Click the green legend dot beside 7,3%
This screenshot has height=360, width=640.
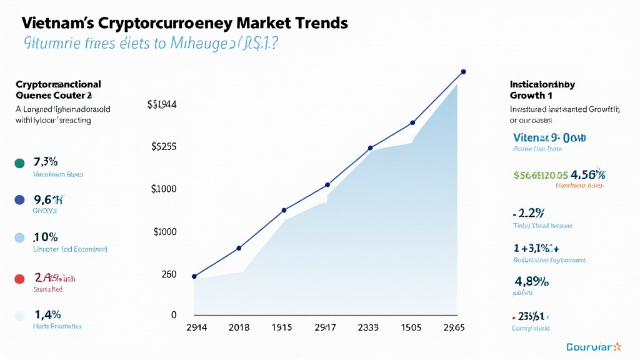pyautogui.click(x=19, y=163)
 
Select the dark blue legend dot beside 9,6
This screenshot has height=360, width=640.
pyautogui.click(x=19, y=200)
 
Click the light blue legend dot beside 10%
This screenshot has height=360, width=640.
pyautogui.click(x=19, y=238)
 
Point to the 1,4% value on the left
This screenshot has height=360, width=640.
pyautogui.click(x=47, y=314)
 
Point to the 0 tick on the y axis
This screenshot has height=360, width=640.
pyautogui.click(x=174, y=315)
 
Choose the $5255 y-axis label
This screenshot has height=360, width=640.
pyautogui.click(x=164, y=147)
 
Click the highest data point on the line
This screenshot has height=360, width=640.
pyautogui.click(x=463, y=71)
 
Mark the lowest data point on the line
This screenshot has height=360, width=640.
pyautogui.click(x=194, y=276)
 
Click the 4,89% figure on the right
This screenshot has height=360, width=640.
pyautogui.click(x=531, y=281)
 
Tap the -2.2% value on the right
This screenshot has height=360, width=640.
pyautogui.click(x=529, y=212)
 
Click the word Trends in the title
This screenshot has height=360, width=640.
pyautogui.click(x=318, y=24)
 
